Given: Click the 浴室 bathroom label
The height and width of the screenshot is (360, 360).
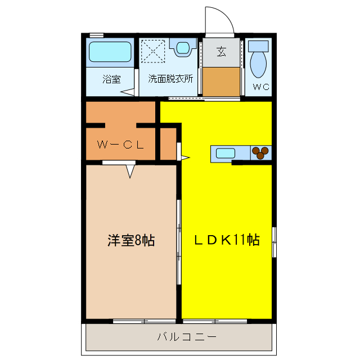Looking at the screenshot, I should point(111,79).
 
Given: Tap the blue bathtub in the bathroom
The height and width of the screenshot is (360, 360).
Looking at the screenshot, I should point(111,53).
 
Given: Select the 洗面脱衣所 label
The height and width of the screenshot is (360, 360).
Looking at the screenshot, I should point(170,79).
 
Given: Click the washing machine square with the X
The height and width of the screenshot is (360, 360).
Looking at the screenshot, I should point(152,51).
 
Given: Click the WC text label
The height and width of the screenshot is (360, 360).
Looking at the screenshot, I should point(260,87).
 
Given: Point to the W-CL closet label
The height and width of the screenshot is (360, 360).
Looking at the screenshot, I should point(120,144).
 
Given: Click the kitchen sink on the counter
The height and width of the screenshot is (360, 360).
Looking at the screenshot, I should point(225,152).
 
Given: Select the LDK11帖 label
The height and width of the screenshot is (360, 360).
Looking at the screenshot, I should point(227,240).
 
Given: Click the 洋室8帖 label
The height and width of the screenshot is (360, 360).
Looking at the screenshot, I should point(131,241).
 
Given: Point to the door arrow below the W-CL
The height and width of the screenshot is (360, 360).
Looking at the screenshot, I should point(130,170).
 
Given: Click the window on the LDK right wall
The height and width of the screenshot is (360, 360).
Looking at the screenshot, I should point(274,242).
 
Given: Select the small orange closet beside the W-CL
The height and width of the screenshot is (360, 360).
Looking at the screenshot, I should point(168,144).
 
